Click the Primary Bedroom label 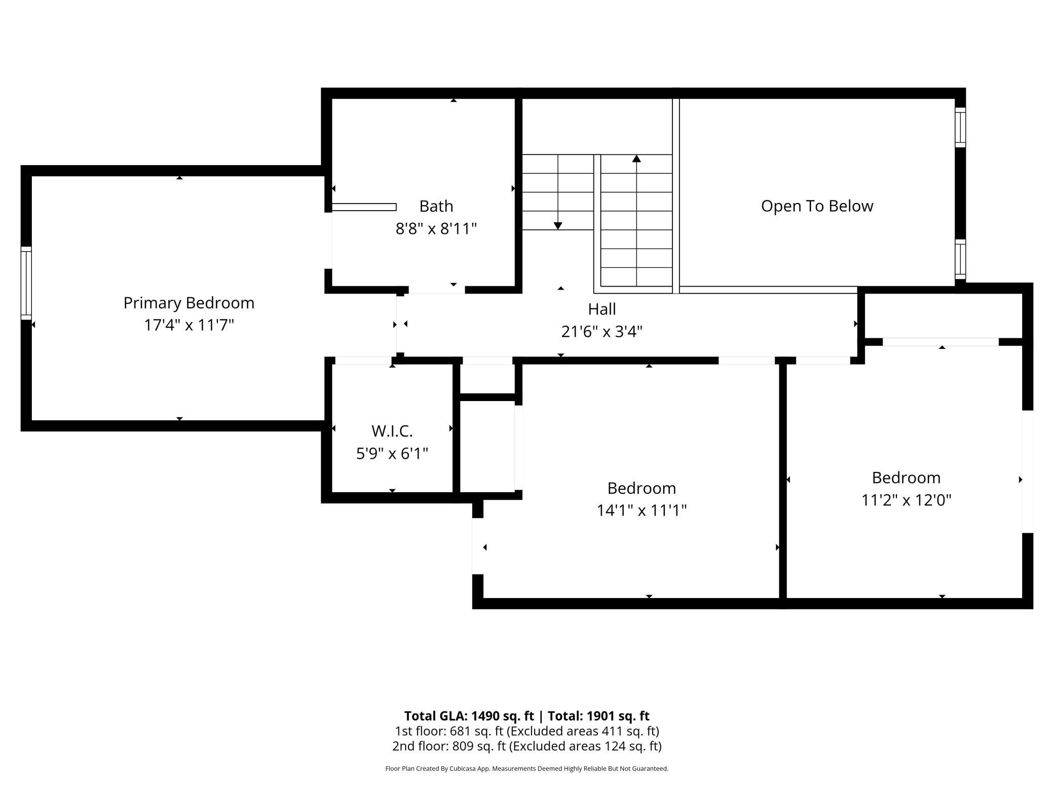tap(189, 303)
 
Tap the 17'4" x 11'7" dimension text tap(189, 325)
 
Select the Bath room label tap(436, 206)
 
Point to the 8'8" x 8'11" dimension tap(436, 229)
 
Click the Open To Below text tap(817, 206)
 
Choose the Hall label tap(601, 309)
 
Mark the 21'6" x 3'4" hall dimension tap(601, 332)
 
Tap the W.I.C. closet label tap(392, 431)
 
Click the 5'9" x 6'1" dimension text tap(392, 453)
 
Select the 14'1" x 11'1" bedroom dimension tap(641, 510)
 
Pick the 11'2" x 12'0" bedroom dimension tap(906, 500)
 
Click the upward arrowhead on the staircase tap(636, 159)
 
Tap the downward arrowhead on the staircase tap(558, 226)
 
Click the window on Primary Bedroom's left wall tap(26, 283)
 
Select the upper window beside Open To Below tap(960, 127)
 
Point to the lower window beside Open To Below tap(960, 259)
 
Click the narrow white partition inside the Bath tap(364, 207)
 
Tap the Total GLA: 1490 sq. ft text tap(469, 716)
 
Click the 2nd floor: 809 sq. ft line tap(526, 746)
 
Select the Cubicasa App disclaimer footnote tap(526, 769)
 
